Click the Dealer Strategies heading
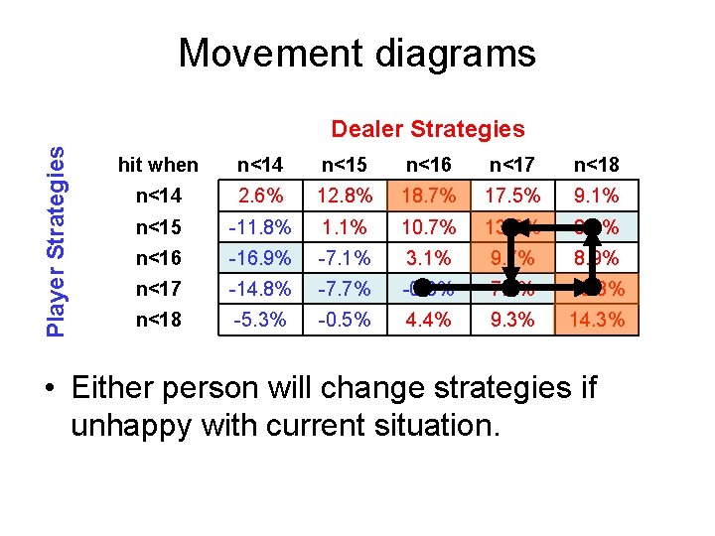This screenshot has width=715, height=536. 427,129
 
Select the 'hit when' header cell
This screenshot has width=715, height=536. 158,165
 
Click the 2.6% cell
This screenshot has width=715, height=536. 265,196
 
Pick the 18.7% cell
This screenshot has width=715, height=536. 430,196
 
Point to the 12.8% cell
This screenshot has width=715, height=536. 347,196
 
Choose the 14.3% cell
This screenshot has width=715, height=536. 597,320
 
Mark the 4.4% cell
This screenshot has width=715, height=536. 430,320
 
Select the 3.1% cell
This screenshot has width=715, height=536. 430,258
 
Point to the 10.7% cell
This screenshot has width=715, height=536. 430,227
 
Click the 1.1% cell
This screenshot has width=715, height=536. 347,227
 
